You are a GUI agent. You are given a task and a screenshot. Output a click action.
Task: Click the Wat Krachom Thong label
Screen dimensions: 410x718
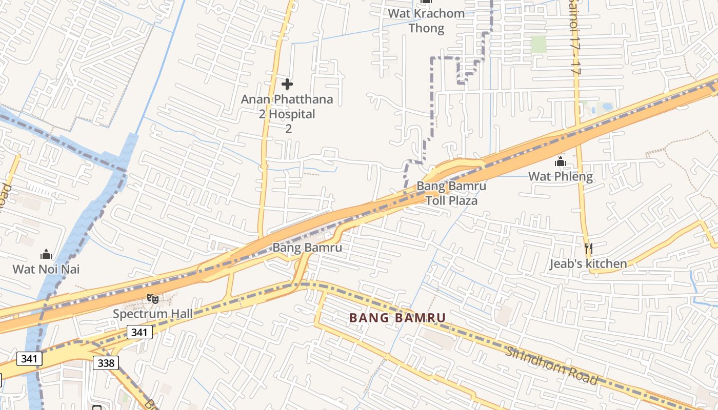pos(426,20)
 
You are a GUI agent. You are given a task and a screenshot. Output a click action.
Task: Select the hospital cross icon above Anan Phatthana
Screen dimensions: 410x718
pos(287,84)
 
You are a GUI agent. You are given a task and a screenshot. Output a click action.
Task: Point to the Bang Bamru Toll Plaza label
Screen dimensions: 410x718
pos(451,193)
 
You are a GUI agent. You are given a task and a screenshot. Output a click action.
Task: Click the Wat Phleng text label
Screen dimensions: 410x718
pos(561,177)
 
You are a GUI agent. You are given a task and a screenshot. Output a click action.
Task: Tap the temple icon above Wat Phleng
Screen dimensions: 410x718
pos(560,162)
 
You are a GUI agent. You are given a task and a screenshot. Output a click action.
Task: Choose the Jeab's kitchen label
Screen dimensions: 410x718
pos(588,264)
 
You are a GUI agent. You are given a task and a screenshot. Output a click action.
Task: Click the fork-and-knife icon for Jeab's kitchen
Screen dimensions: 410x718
pos(588,249)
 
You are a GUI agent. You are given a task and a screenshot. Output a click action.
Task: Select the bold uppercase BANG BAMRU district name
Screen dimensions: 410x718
pos(397,318)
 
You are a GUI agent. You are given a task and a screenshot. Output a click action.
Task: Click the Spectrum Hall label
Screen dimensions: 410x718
pos(153,313)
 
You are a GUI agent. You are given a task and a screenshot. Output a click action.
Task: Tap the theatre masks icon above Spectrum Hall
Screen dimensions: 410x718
pos(152,298)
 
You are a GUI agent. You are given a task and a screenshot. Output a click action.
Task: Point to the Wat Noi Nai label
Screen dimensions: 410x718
pos(46,269)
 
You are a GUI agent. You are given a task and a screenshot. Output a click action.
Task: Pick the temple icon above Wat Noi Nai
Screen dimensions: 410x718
pos(46,254)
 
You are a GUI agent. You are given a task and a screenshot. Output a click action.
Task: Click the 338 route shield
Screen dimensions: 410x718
pos(106,363)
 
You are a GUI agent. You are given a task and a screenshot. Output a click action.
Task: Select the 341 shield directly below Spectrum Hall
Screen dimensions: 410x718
pos(139,332)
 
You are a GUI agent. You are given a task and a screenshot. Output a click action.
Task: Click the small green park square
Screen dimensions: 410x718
pos(538,45)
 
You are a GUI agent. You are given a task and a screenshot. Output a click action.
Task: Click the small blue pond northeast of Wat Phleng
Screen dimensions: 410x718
pos(607,107)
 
